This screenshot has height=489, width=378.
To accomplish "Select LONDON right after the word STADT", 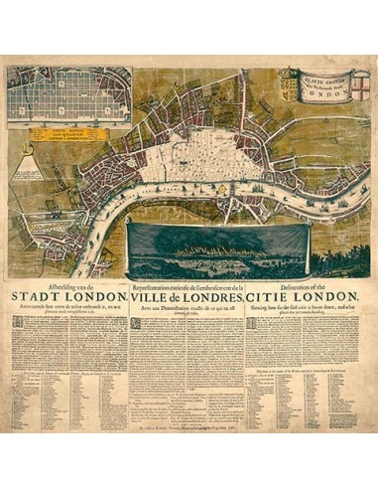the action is click(x=94, y=296).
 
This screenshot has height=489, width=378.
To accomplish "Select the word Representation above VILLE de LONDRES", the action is click(x=159, y=283).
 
